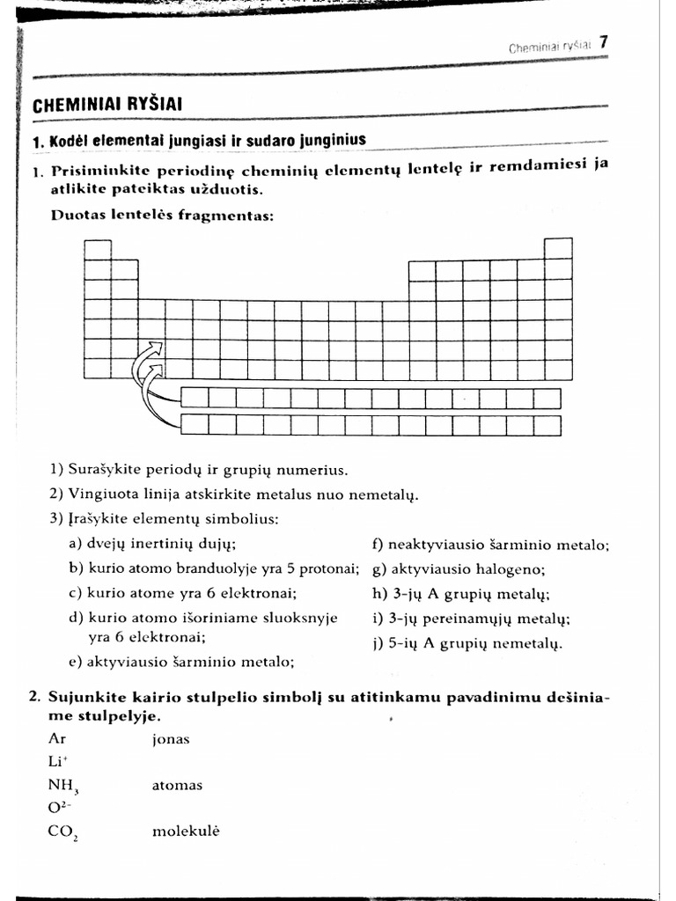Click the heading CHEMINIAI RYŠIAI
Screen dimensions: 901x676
[107, 105]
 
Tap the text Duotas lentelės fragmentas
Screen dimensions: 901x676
[162, 214]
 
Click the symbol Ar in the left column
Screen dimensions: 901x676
[57, 739]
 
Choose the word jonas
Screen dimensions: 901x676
[171, 739]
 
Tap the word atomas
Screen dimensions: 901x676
[177, 785]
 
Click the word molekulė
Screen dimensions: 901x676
[185, 831]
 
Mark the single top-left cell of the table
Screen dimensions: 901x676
[98, 248]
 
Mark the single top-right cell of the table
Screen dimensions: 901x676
[558, 248]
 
